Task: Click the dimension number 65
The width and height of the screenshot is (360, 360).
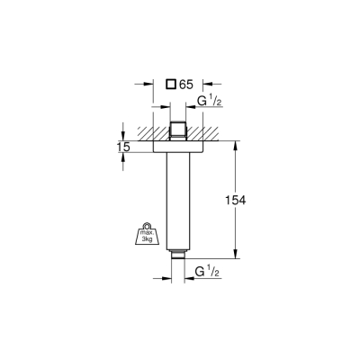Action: click(x=186, y=85)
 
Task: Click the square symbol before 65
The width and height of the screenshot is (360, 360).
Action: click(x=170, y=85)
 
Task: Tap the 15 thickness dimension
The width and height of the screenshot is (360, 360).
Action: click(x=122, y=145)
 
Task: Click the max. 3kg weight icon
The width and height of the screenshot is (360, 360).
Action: click(x=145, y=235)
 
